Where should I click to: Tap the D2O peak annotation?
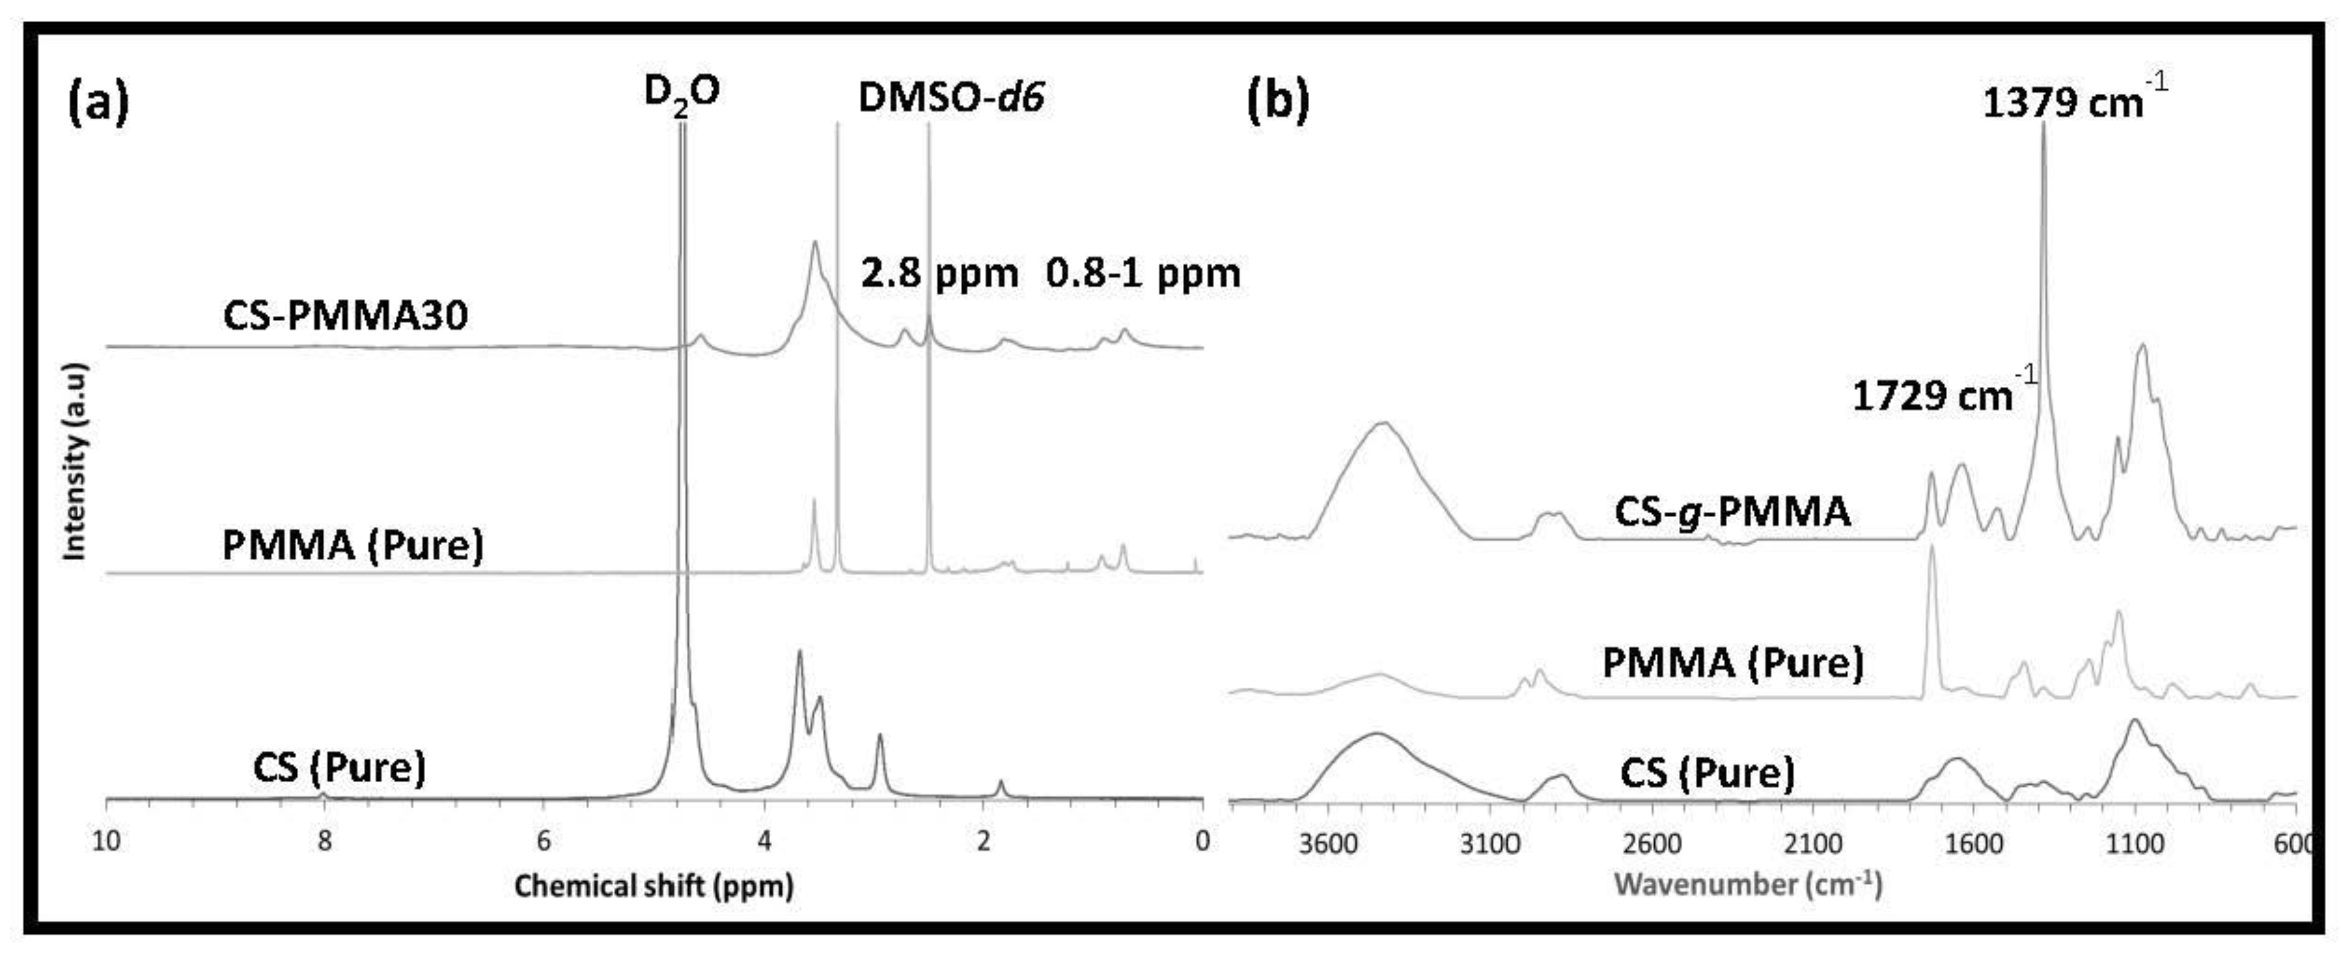(682, 93)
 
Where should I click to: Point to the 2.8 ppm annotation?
(939, 273)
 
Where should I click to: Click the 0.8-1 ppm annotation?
(1142, 273)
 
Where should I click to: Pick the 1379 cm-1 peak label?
(2072, 100)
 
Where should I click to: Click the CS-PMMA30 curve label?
(345, 315)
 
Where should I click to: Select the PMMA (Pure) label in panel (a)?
(353, 546)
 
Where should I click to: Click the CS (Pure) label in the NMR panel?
(339, 768)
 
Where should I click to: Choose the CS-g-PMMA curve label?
(1732, 512)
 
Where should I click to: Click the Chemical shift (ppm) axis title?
(653, 885)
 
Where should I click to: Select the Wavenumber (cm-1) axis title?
(1747, 884)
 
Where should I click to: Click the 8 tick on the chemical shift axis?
(325, 841)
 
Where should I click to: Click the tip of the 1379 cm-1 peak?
(2043, 124)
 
